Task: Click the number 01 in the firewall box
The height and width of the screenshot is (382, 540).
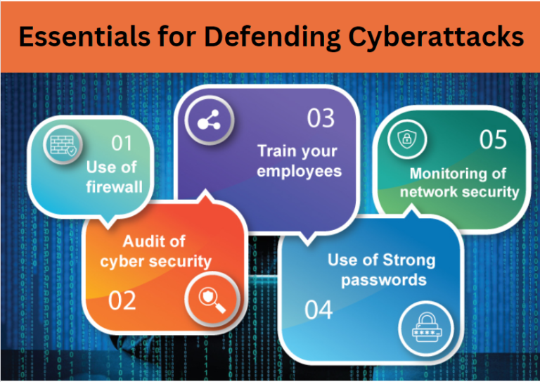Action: [x=122, y=144]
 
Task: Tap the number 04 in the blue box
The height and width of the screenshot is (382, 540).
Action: [x=319, y=310]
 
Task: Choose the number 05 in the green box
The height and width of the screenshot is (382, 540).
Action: [x=493, y=140]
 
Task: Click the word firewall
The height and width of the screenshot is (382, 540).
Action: [x=114, y=187]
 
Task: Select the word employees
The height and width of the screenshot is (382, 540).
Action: [x=299, y=171]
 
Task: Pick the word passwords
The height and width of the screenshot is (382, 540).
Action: [x=384, y=279]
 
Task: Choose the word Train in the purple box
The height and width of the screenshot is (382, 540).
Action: [x=278, y=151]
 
